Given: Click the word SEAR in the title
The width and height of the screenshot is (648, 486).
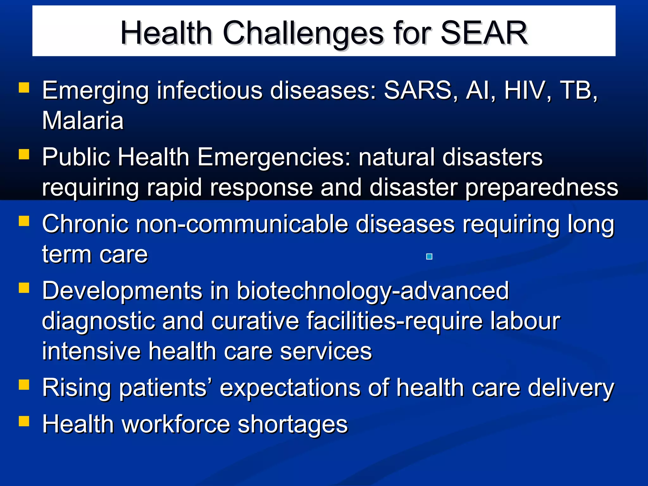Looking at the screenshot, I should point(484,33).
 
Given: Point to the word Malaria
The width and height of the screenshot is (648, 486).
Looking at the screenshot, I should point(83,121).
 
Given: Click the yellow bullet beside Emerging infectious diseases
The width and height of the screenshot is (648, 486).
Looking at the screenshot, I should point(24,88).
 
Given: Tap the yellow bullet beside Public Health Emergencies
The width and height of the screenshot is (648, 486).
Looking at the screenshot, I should point(24,154).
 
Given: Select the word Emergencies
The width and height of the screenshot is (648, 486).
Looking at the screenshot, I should point(274,157).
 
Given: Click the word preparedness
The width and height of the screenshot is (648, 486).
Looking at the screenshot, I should point(541,188).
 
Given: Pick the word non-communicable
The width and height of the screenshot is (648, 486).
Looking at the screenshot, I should point(242,224).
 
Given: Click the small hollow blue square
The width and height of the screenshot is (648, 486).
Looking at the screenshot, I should point(429,257).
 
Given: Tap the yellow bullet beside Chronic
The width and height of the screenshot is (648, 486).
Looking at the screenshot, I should point(24,221).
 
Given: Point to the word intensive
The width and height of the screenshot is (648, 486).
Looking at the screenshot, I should point(91,351).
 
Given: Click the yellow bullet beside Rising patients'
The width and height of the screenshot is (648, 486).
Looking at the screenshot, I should point(24,385).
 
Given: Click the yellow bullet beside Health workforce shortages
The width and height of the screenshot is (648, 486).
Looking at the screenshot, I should point(24,421).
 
